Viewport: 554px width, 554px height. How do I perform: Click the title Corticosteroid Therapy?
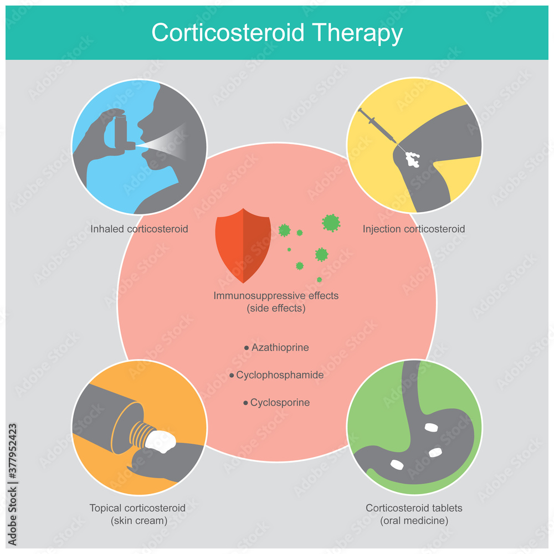click(276, 33)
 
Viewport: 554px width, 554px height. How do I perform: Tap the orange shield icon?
click(243, 249)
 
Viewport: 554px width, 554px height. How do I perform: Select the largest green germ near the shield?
click(331, 223)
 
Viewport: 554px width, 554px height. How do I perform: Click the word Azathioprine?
click(280, 348)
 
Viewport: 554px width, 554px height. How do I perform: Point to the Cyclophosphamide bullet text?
click(280, 375)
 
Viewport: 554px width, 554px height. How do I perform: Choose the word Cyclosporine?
click(280, 403)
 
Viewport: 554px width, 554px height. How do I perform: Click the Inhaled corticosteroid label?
click(140, 229)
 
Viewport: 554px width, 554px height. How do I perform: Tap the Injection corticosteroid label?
click(413, 229)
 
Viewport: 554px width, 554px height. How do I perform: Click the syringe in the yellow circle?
click(376, 125)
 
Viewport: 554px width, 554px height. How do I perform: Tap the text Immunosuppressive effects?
click(276, 296)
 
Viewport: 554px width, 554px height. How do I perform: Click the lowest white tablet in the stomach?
click(397, 464)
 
